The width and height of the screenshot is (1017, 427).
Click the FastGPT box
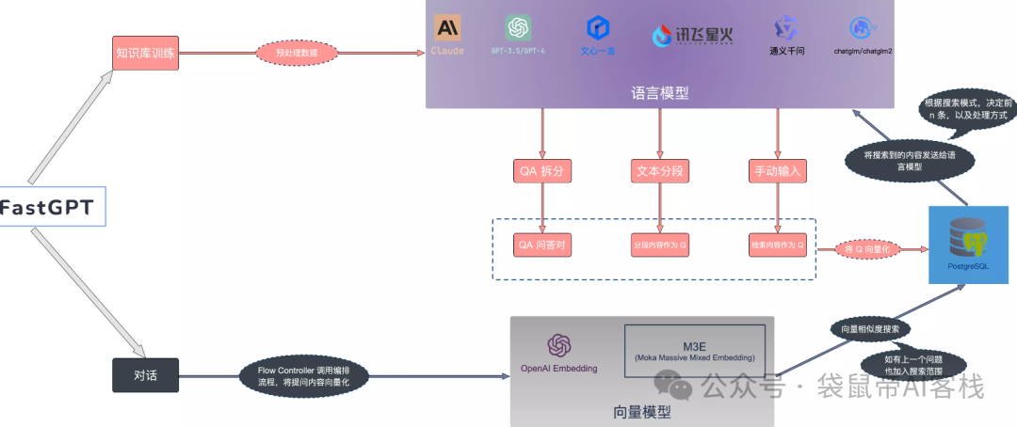(x=51, y=207)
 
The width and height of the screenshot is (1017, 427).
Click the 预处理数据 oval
(x=296, y=54)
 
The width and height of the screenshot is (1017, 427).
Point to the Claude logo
(x=447, y=28)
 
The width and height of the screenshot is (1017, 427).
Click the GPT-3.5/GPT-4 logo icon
(x=518, y=27)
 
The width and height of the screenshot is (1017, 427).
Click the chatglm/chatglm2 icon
(x=860, y=28)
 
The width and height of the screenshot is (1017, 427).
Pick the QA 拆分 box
(x=542, y=171)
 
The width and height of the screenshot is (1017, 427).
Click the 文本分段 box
(x=659, y=171)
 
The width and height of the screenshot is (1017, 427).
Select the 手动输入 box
(x=777, y=171)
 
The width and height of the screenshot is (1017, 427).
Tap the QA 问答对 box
(x=542, y=245)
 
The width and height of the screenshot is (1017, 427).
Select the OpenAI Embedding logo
(x=559, y=346)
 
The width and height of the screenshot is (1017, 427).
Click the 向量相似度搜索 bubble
(x=870, y=329)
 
